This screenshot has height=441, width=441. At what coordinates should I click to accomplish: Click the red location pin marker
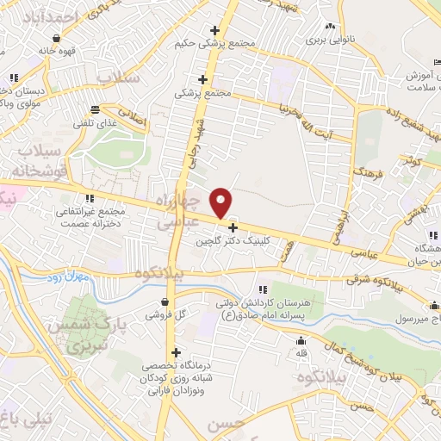(221, 202)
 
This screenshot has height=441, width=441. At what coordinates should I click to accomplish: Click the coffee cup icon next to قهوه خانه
(56, 38)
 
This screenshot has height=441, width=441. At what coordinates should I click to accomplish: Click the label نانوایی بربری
(332, 40)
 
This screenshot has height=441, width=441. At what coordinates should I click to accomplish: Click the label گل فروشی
(163, 316)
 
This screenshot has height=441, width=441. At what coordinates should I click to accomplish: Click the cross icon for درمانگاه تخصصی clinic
(177, 352)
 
